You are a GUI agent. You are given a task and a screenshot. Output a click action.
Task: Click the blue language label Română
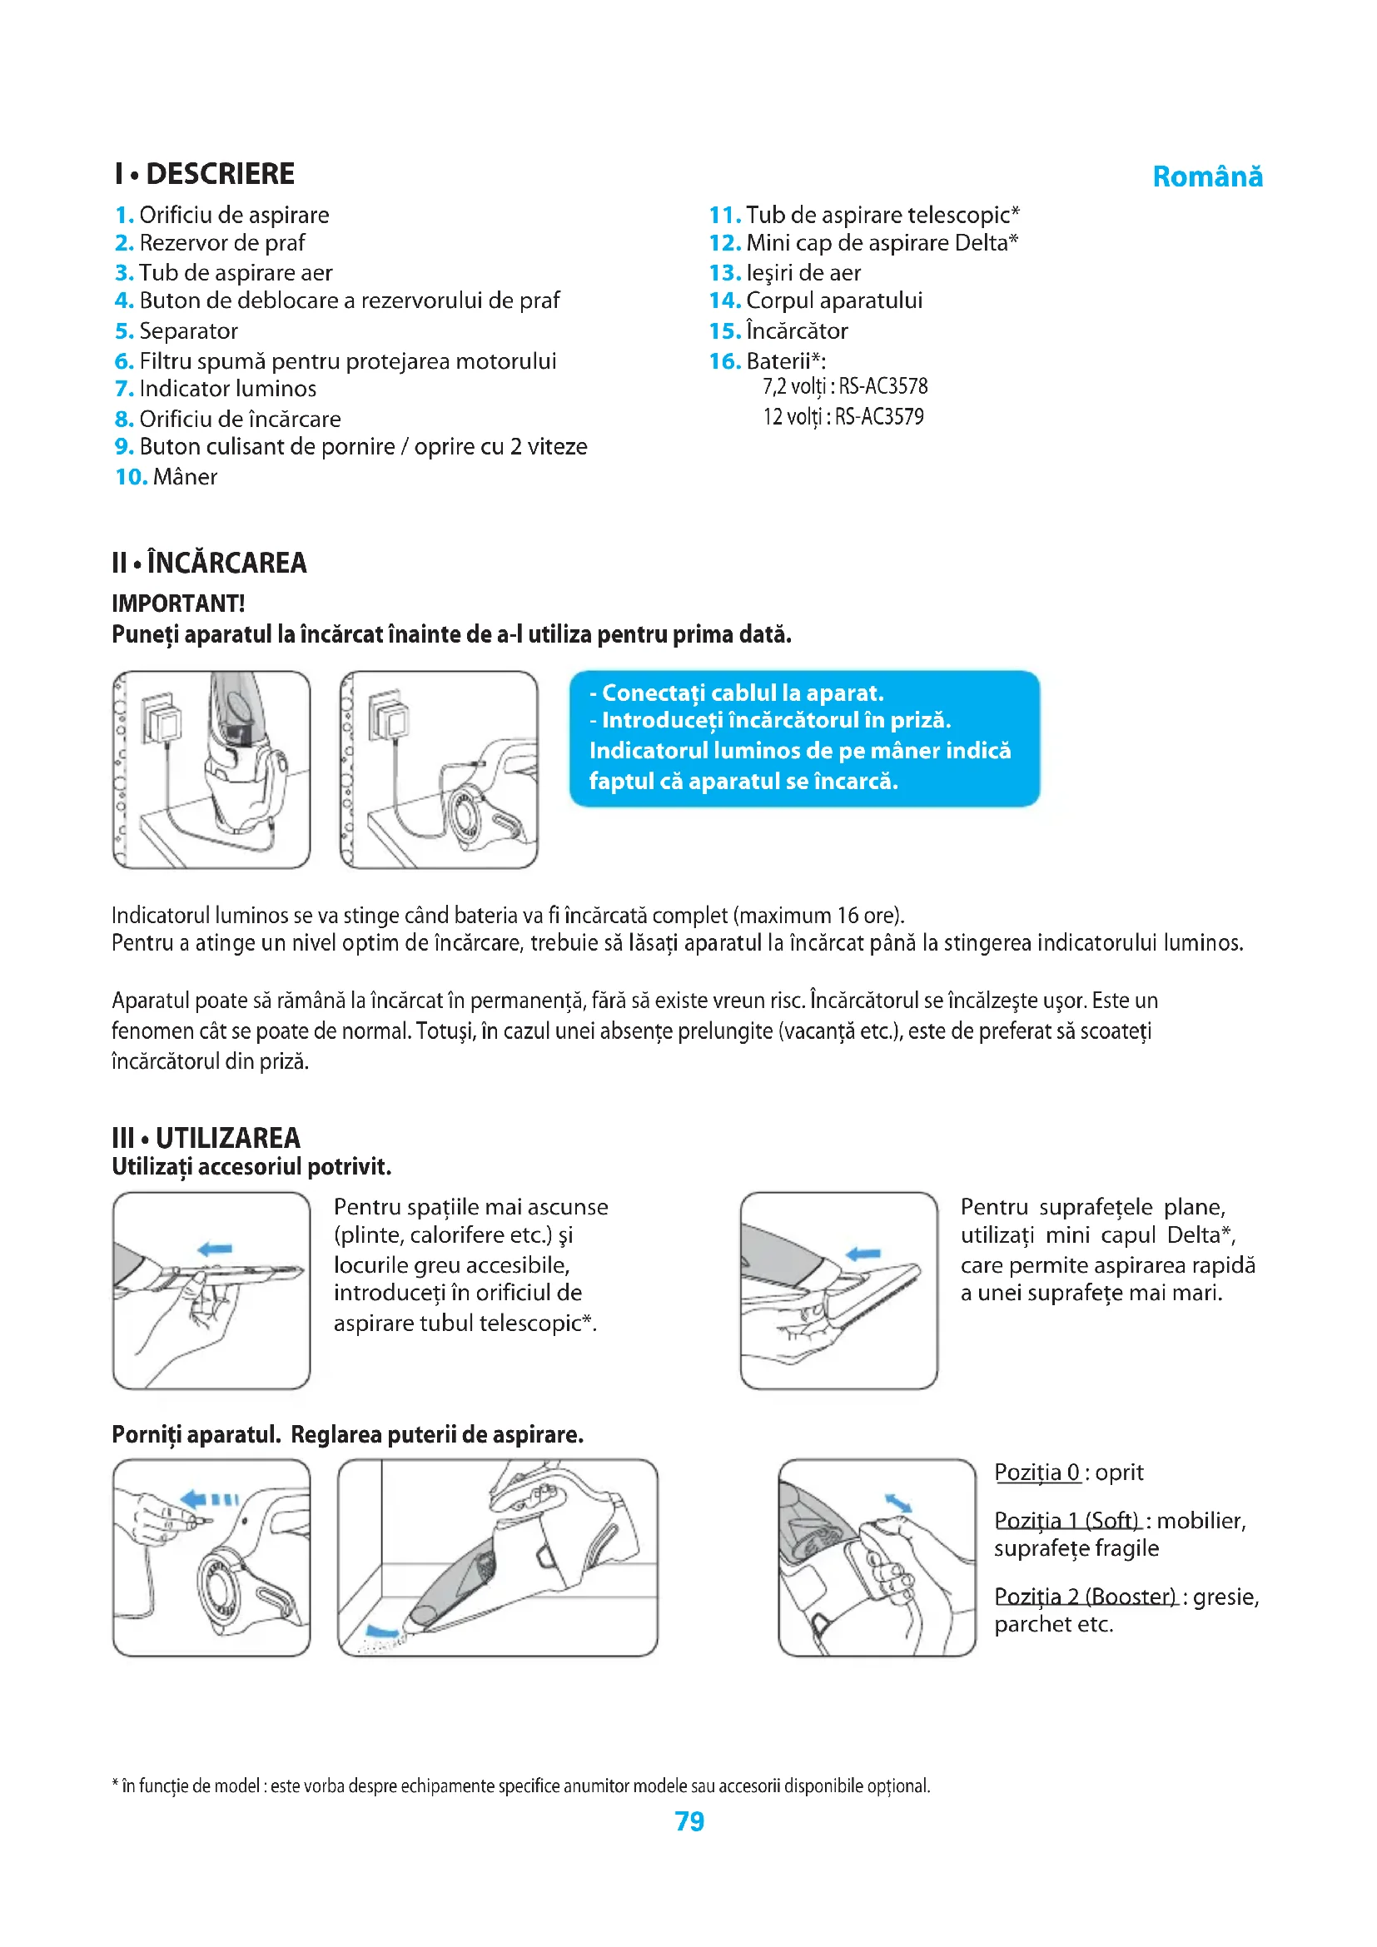1206,176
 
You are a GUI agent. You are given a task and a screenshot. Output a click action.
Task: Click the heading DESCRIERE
220,174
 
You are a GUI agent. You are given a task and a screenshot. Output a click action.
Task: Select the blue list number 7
124,390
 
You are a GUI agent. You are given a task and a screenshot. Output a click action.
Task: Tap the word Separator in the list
188,330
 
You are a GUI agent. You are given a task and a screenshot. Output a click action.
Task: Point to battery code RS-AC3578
882,387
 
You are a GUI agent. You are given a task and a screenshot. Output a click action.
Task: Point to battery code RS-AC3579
879,417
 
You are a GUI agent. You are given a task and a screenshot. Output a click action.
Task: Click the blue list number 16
725,361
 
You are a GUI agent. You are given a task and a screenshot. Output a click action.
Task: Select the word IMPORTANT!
178,603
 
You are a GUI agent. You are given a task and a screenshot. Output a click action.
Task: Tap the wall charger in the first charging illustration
163,721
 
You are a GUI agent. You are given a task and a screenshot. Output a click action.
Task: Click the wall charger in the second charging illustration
389,718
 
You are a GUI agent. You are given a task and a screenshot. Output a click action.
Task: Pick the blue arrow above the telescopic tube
215,1249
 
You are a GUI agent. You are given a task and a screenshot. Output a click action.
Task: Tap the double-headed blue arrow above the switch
898,1503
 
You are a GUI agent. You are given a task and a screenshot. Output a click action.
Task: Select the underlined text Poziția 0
1036,1473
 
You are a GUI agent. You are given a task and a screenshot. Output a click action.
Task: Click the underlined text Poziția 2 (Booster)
1085,1597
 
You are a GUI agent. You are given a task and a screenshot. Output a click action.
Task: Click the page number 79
689,1820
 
